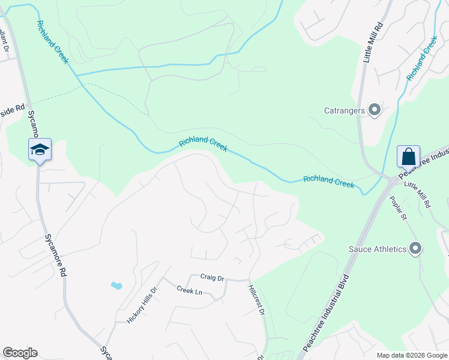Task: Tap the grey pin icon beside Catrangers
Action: (375, 110)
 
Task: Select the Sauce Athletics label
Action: (378, 248)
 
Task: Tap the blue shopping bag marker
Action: (408, 157)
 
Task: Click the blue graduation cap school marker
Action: (40, 150)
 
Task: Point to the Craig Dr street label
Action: (212, 278)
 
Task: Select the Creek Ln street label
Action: (189, 290)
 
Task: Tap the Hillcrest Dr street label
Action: (256, 300)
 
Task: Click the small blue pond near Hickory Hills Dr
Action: (116, 286)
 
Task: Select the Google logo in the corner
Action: (20, 353)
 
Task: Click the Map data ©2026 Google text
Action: (411, 355)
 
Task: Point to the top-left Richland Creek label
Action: (53, 43)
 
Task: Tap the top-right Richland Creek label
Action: (421, 58)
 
